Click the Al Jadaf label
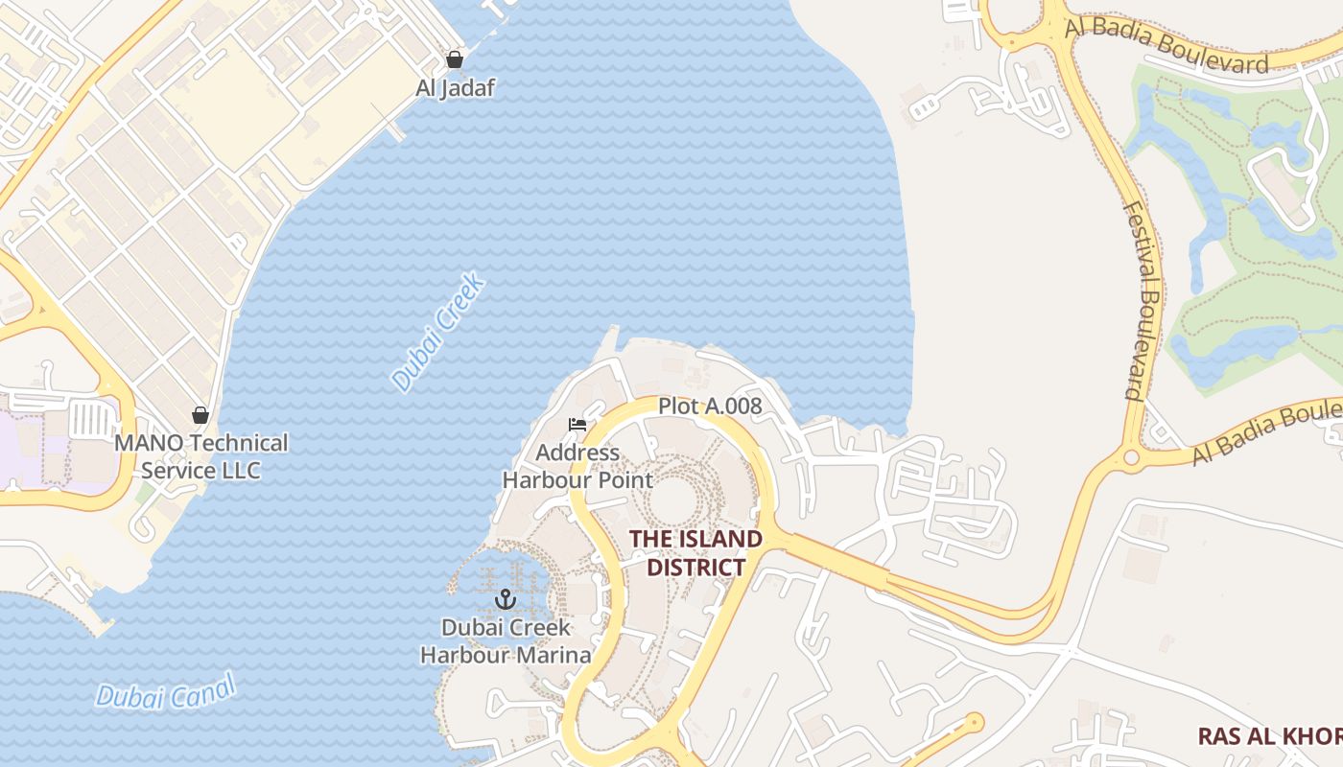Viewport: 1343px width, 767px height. point(455,88)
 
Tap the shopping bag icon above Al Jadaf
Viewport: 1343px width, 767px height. point(455,59)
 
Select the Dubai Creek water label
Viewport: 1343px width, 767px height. point(439,333)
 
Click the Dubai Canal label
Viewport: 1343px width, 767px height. point(166,692)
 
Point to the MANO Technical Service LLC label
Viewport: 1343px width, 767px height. point(200,456)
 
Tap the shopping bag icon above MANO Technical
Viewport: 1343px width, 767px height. point(200,415)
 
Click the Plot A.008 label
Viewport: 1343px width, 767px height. point(710,407)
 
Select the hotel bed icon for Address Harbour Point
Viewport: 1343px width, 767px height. point(577,425)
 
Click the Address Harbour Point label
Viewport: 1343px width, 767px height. point(577,466)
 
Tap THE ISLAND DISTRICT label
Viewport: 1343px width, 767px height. point(695,553)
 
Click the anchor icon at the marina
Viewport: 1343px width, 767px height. point(506,600)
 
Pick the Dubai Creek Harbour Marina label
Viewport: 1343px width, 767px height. point(506,641)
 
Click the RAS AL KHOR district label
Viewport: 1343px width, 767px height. point(1269,736)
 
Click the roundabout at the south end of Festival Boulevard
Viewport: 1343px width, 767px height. point(1132,457)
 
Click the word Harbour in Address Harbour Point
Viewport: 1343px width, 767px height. point(543,480)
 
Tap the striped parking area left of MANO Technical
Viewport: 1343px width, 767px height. point(92,420)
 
